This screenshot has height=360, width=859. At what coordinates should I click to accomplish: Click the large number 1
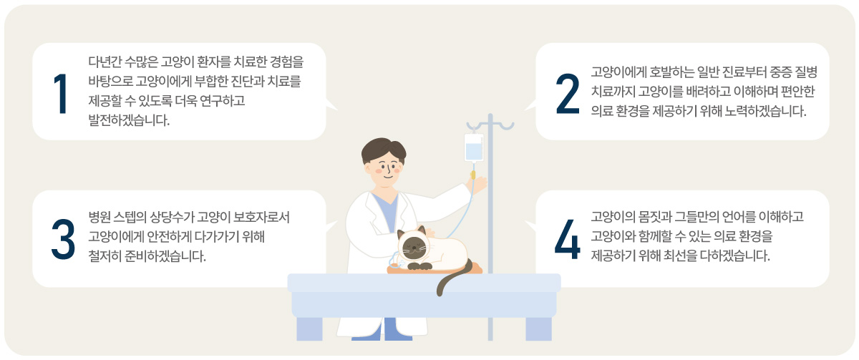[62, 94]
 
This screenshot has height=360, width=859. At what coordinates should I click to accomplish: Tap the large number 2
[568, 94]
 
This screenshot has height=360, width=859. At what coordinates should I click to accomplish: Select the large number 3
[63, 240]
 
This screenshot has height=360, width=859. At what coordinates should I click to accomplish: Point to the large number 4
[568, 240]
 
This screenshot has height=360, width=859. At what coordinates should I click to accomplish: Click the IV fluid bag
[474, 147]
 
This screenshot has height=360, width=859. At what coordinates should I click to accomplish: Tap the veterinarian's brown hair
[384, 150]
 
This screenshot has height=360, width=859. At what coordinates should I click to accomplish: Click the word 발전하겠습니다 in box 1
[129, 120]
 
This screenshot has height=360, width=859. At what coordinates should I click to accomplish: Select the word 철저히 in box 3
[105, 256]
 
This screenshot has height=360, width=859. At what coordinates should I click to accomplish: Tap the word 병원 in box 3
[99, 217]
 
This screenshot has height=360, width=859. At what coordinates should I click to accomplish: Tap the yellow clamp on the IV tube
[473, 175]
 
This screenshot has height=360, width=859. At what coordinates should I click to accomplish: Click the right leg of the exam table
[539, 329]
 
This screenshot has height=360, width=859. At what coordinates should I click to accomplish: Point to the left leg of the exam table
[309, 329]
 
